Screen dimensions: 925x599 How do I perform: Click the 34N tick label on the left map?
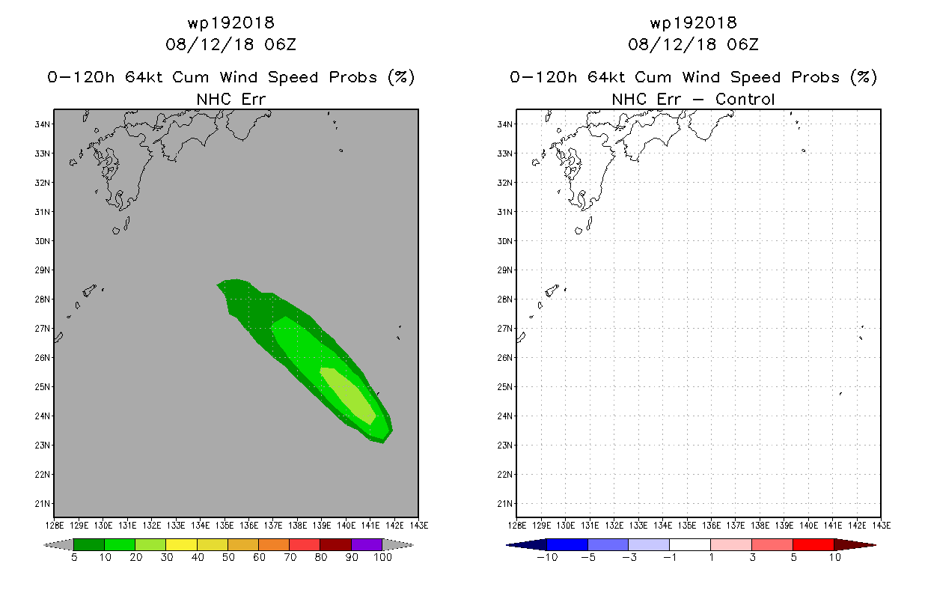coord(42,124)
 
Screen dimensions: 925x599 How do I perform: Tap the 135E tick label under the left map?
coord(225,526)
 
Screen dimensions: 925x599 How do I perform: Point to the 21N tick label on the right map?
coord(504,504)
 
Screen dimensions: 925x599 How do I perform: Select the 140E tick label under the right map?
coord(808,526)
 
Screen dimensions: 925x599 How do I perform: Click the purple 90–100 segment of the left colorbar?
coord(367,544)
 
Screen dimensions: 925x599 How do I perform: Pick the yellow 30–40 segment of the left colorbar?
coord(181,544)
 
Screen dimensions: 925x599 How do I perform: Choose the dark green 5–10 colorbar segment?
coord(89,544)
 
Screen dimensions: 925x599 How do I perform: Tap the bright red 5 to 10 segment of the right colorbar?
coord(813,544)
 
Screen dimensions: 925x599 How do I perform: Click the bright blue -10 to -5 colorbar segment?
coord(567,544)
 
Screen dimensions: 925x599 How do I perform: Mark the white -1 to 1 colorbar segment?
coord(690,544)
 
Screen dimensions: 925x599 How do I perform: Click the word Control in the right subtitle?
coord(745,100)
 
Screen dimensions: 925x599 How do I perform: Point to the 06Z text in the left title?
coord(281,45)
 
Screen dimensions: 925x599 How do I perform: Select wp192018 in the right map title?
coord(693,22)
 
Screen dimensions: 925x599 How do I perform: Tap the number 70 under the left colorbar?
coord(290,557)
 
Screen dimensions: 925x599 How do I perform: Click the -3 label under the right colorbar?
coord(629,557)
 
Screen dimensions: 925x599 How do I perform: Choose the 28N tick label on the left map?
coord(42,299)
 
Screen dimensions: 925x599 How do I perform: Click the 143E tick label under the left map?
coord(419,526)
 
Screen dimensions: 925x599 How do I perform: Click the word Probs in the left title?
coord(353,77)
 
